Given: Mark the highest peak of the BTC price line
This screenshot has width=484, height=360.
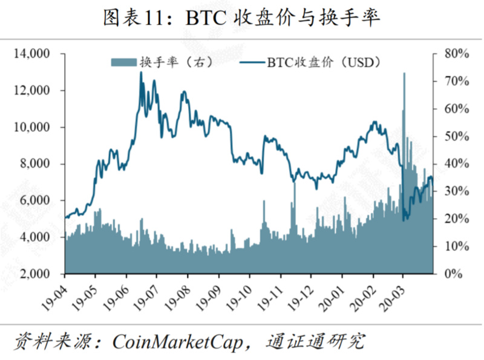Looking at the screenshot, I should (x=141, y=73).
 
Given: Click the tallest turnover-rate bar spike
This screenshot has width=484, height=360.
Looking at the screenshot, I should (x=404, y=74).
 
